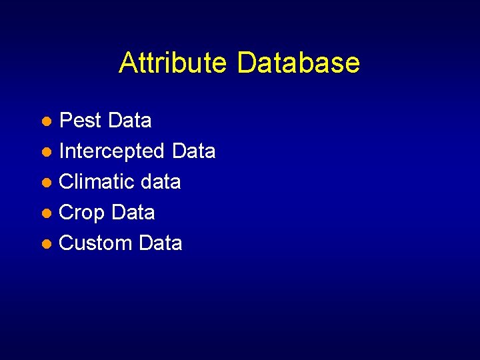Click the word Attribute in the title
tap(173, 63)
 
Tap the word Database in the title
tap(298, 63)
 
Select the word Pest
tap(81, 121)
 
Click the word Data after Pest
tap(129, 121)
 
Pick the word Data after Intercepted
tap(193, 151)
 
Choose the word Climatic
tap(97, 182)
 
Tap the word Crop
tap(82, 213)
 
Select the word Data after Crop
tap(133, 213)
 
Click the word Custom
tap(96, 243)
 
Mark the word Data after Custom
tap(160, 243)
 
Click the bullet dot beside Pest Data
tap(47, 122)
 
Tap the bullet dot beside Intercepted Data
tap(47, 153)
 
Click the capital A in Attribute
tap(128, 63)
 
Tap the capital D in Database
tap(246, 63)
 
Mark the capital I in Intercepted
tap(62, 151)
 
